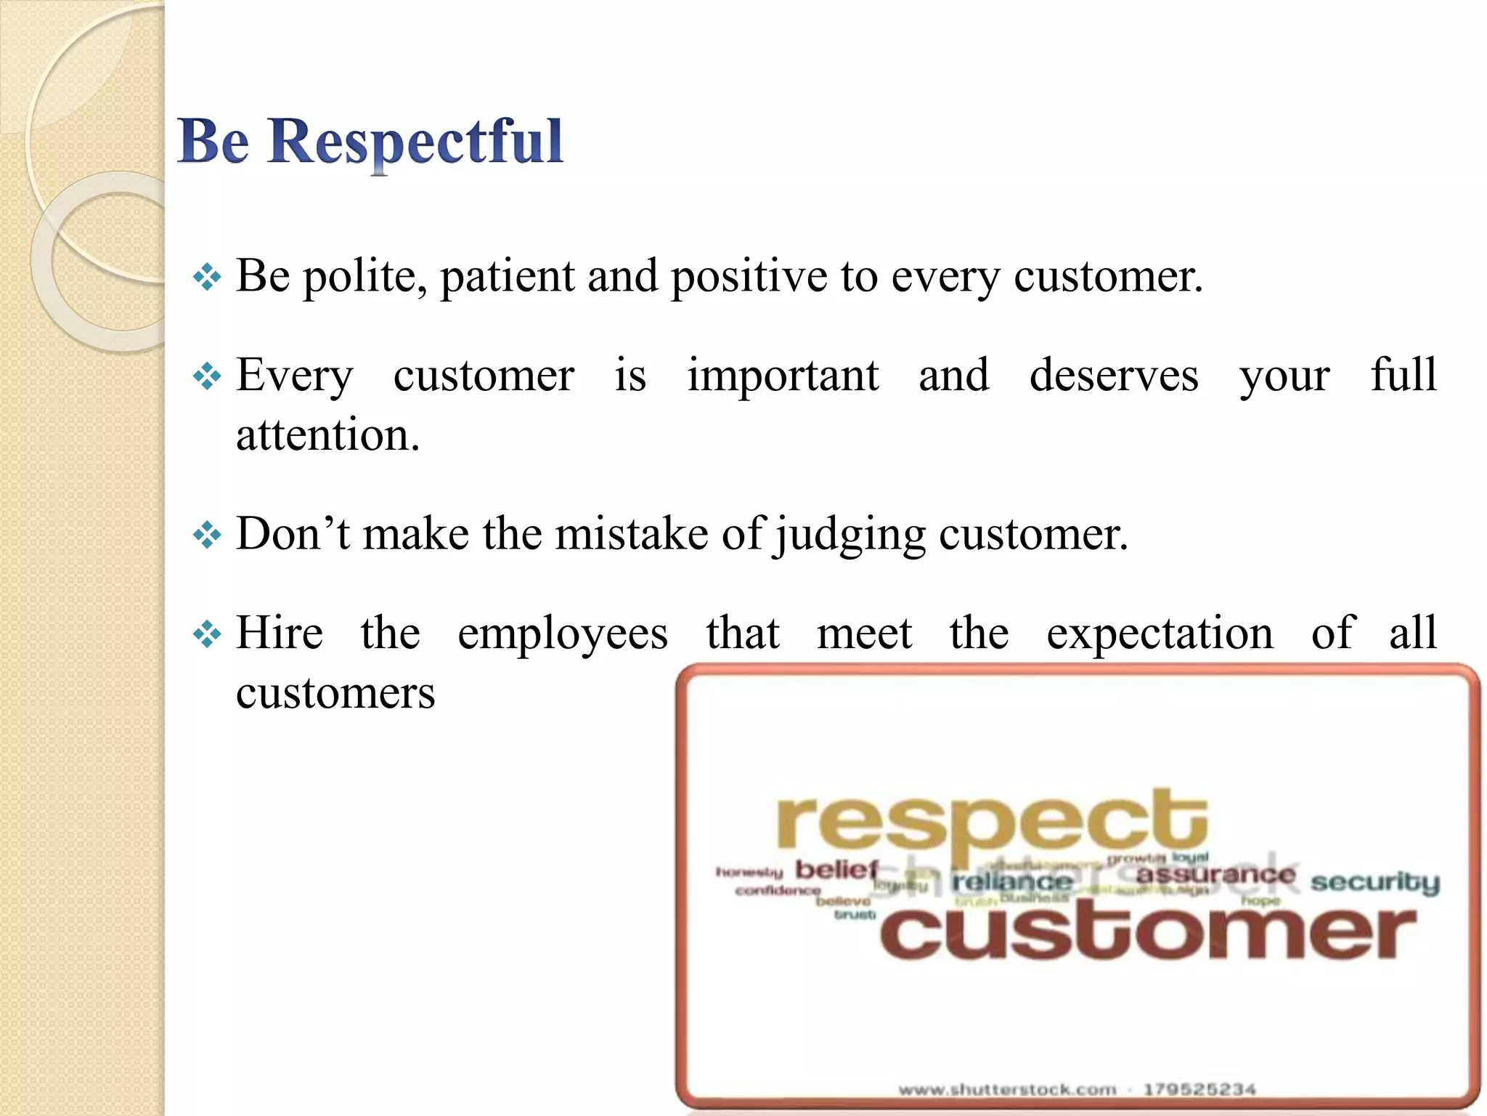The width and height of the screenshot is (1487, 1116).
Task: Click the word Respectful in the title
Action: click(415, 142)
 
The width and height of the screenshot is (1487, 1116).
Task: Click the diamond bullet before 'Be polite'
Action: click(207, 278)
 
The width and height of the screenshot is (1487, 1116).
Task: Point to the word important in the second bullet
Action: click(783, 376)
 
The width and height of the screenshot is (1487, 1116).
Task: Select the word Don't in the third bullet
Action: click(293, 534)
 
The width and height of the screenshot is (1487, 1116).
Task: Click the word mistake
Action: click(631, 534)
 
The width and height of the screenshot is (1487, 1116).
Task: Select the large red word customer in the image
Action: click(1148, 932)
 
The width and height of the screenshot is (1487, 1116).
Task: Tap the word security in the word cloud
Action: click(1374, 882)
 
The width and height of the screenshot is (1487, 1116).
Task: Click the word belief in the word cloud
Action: click(836, 869)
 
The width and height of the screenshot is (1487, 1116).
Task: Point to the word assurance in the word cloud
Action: click(1215, 874)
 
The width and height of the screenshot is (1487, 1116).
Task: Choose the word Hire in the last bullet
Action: click(280, 634)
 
